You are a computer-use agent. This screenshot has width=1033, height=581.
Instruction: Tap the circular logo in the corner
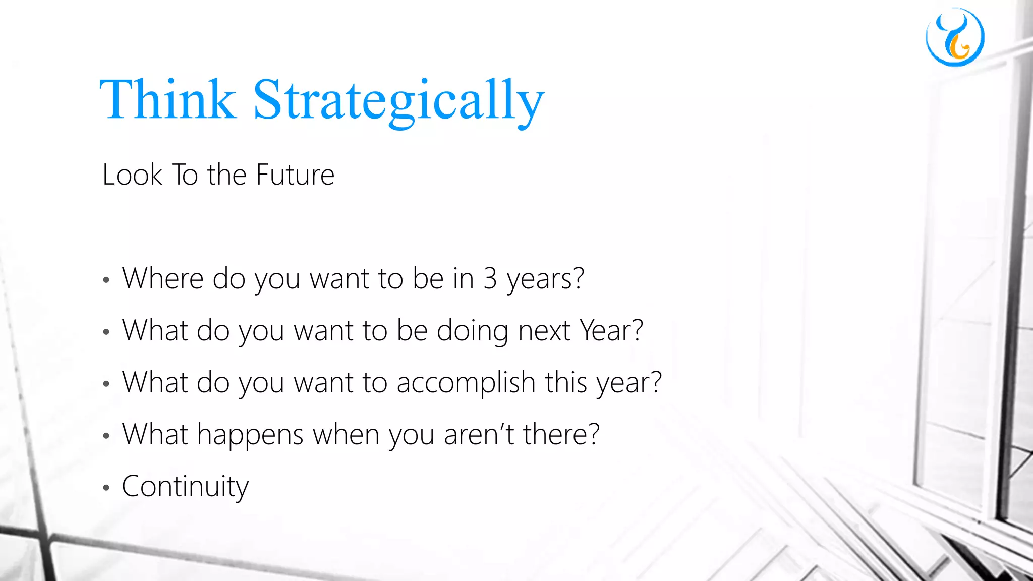tap(955, 37)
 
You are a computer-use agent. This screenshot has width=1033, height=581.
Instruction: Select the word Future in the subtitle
tap(295, 175)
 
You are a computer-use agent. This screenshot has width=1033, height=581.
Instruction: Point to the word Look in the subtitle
tap(132, 175)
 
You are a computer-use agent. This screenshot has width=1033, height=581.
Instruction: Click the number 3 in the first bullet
tap(490, 278)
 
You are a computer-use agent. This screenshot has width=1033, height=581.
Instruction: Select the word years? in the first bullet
tap(545, 279)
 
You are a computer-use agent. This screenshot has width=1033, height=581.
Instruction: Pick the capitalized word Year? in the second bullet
tap(611, 331)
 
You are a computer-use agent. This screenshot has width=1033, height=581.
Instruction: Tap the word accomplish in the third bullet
tap(466, 383)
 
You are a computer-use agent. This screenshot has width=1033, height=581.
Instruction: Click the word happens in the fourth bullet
tap(250, 435)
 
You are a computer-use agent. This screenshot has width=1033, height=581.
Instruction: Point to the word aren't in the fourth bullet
tap(478, 435)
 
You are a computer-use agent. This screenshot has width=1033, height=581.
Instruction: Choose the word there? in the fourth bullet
tap(561, 435)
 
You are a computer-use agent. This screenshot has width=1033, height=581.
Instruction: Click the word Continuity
tap(185, 487)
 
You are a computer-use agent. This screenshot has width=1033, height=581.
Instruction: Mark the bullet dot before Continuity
tap(106, 488)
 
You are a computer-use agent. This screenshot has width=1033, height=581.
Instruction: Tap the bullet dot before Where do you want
tap(106, 280)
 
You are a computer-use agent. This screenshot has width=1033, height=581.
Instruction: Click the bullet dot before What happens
tap(106, 436)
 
